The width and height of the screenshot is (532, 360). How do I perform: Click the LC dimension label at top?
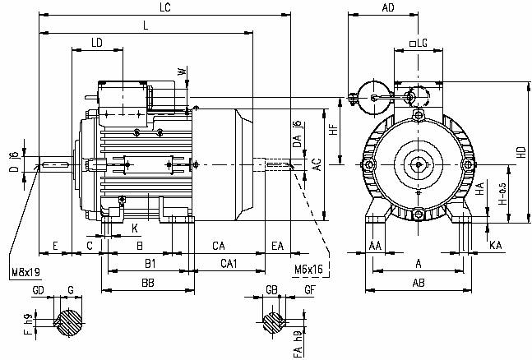pos(165,7)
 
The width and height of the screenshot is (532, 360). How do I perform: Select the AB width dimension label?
pos(419,284)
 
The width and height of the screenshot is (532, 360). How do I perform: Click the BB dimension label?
pos(147,284)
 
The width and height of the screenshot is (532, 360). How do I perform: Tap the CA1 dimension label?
pos(229,263)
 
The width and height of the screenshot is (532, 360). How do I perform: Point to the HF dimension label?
pos(335,132)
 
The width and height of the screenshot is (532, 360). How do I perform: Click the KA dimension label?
pos(495,246)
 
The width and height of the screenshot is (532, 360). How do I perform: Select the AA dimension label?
pos(375,246)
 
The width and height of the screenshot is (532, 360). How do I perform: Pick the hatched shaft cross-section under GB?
pos(273,321)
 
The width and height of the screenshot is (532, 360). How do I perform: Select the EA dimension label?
pos(278,246)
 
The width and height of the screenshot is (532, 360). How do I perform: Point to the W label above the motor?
pos(183,72)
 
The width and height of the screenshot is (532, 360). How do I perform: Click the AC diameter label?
pos(317,166)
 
